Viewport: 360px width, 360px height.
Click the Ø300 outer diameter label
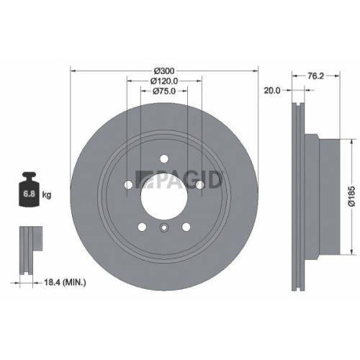click(164, 71)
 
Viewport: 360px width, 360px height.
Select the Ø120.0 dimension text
click(164, 81)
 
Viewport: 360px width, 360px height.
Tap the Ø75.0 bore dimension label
click(164, 92)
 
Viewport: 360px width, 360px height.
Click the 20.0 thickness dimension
click(272, 91)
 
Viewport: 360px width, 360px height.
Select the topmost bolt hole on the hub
click(164, 159)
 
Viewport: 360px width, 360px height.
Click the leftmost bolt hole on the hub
click(128, 185)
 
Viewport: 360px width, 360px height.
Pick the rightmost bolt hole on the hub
click(199, 185)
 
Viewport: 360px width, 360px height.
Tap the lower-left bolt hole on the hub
click(142, 227)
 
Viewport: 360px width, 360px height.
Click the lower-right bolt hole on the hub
click(186, 227)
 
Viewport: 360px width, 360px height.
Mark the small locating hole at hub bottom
click(164, 230)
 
